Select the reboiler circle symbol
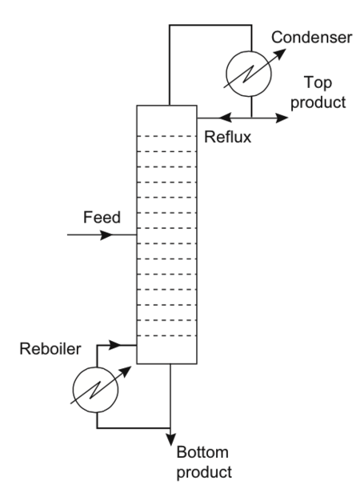[96, 388]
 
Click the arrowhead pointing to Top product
[283, 118]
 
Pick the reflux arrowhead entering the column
[203, 118]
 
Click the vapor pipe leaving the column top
[169, 64]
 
